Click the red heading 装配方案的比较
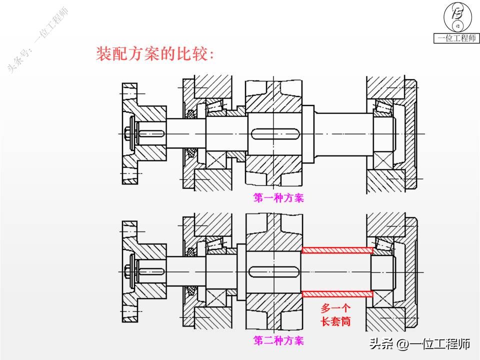tap(154, 54)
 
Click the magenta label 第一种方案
tap(278, 198)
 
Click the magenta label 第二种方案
tap(278, 341)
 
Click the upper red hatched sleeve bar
tap(337, 250)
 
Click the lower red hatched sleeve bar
tap(337, 293)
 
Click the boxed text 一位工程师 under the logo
tap(456, 38)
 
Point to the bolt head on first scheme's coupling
tap(129, 133)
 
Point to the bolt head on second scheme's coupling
tap(129, 272)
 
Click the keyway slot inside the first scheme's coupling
tap(151, 133)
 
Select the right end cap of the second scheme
tap(411, 272)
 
